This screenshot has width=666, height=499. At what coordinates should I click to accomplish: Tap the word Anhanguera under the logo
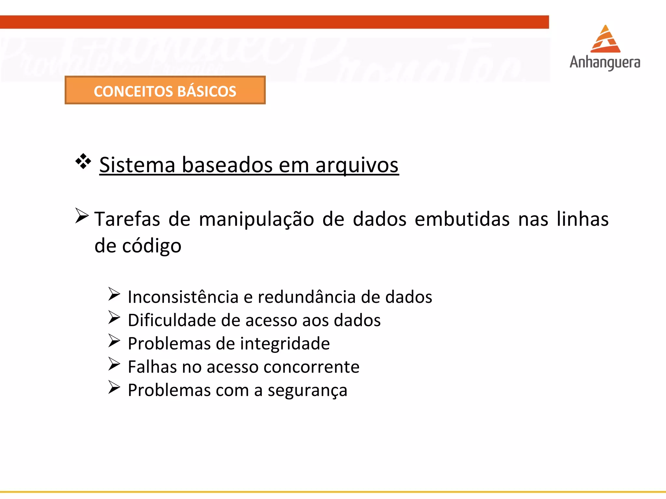point(605,62)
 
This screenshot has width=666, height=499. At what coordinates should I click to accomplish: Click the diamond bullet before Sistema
point(83,161)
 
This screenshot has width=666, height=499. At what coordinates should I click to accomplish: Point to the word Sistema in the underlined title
point(137,165)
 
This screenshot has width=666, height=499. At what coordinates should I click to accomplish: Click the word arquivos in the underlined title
point(357,165)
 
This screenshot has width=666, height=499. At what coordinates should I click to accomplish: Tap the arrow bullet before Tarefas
point(82,216)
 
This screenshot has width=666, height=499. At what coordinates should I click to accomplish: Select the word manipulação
point(256,219)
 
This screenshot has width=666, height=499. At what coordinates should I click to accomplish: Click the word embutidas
point(462,219)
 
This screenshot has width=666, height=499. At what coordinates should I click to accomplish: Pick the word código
point(152,246)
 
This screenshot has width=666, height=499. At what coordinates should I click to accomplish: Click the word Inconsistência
point(183,297)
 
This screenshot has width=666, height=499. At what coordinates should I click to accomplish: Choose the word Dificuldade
point(172,320)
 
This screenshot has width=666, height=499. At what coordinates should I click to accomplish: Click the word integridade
point(285,344)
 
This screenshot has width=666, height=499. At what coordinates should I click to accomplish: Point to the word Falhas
point(152,367)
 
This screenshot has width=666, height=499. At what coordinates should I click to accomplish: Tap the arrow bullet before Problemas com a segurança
point(114,387)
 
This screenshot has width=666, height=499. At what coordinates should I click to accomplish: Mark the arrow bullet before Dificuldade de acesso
point(114,317)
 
